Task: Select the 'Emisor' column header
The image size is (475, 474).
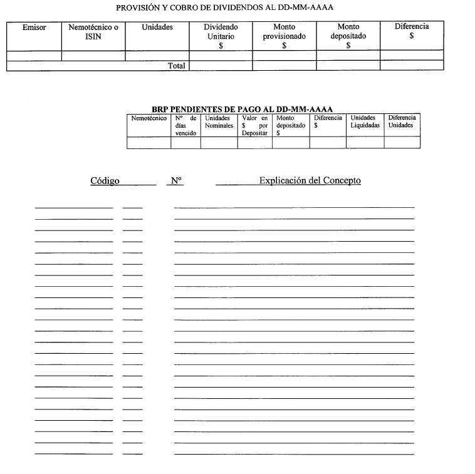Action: [x=34, y=28]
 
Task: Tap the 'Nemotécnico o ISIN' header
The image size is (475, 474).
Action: [x=93, y=32]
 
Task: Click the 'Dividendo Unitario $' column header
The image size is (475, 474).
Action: [x=221, y=36]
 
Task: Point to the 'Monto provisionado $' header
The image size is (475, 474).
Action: [x=284, y=36]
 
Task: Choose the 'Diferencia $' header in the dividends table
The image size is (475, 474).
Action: [x=412, y=31]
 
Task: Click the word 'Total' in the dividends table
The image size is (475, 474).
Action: [x=177, y=66]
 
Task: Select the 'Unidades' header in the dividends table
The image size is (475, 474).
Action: [x=157, y=28]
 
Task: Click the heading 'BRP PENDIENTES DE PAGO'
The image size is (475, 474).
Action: [x=242, y=110]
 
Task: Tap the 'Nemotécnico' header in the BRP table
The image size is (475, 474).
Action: [x=149, y=118]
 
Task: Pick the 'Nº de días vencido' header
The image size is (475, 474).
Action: [x=185, y=125]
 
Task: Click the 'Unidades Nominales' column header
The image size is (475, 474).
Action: [x=219, y=122]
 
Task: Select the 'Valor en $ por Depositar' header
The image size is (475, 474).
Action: [x=254, y=125]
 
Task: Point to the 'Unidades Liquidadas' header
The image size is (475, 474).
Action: [x=365, y=122]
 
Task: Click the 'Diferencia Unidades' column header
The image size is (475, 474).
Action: [x=402, y=122]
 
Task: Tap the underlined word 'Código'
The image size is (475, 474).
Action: [x=105, y=181]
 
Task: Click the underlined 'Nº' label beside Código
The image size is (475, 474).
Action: [x=176, y=181]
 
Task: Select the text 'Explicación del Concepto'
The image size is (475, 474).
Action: [x=310, y=180]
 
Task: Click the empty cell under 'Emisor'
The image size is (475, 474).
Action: [x=34, y=56]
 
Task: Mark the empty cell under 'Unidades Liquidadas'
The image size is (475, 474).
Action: [x=365, y=143]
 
